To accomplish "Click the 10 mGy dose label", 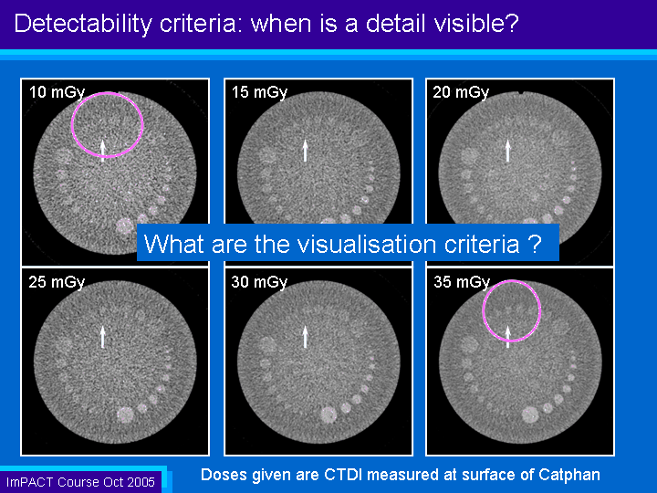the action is click(57, 92).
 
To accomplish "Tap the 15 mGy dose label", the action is click(260, 92).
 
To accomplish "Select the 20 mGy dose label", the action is click(461, 92).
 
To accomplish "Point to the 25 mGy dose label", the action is click(57, 282).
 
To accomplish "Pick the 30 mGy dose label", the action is click(259, 282).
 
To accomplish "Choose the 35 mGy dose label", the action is click(462, 282).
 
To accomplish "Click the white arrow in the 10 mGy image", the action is click(102, 151).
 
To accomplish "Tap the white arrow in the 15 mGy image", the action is click(306, 151).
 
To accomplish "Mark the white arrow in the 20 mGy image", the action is click(508, 151).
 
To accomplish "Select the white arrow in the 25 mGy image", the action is click(102, 337).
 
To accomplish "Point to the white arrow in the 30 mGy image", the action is click(306, 337).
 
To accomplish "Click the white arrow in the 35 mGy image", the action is click(508, 337).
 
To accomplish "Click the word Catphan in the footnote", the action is click(569, 475).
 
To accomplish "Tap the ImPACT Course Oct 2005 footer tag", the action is click(80, 482).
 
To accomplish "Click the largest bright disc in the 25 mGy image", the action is click(125, 414).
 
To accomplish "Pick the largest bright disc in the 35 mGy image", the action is click(530, 414).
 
